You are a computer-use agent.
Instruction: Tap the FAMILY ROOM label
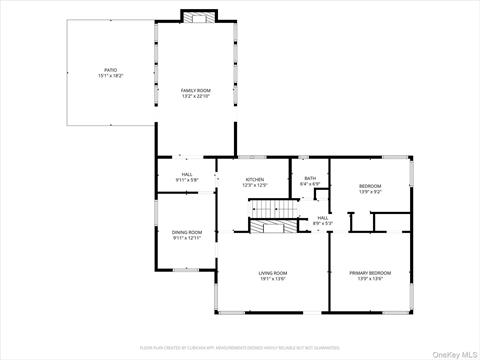[x=195, y=91]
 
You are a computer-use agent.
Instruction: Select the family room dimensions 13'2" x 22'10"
[x=195, y=97]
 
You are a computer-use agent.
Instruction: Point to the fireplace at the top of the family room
[x=195, y=16]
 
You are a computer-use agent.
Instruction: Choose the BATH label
[x=310, y=178]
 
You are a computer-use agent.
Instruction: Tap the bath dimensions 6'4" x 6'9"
[x=310, y=184]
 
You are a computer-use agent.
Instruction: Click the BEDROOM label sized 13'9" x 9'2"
[x=370, y=186]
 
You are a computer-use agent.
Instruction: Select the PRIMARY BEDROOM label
[x=370, y=272]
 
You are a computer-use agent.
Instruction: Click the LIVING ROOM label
[x=273, y=273]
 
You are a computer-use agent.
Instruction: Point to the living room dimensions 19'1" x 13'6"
[x=273, y=279]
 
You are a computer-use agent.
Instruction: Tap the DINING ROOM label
[x=187, y=232]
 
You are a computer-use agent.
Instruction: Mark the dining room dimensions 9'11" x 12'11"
[x=187, y=238]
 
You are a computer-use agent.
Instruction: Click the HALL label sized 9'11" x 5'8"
[x=187, y=174]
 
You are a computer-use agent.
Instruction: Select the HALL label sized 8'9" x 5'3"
[x=323, y=217]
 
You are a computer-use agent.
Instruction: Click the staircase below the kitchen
[x=267, y=208]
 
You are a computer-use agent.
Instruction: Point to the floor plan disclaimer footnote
[x=240, y=347]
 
